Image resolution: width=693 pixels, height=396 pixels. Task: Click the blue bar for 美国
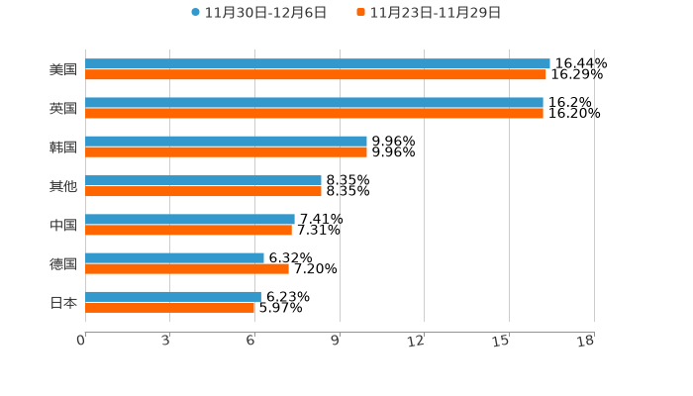pos(317,63)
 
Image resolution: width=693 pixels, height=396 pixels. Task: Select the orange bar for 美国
pos(315,74)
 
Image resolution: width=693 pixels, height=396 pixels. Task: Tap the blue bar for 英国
pos(314,102)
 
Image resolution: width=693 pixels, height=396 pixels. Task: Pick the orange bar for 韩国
pos(226,152)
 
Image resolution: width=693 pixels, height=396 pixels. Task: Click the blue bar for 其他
pos(203,180)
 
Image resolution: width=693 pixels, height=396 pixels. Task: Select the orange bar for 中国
pos(188,231)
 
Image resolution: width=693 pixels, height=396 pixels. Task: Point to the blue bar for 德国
pos(174,257)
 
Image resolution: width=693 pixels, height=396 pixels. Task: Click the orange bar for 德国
pos(187,268)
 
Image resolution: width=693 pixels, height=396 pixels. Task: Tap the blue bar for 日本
pos(173,296)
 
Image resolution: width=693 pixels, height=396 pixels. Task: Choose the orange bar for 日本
pos(170,308)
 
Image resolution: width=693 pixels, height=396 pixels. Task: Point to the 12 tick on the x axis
pos(416,342)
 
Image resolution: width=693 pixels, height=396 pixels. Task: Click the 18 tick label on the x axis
pos(585,342)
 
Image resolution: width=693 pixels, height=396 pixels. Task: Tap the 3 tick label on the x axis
pos(165,342)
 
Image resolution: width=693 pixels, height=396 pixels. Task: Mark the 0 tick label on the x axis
pos(81,342)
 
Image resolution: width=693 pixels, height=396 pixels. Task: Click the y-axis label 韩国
pos(63,147)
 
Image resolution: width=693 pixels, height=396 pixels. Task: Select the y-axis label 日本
pos(63,302)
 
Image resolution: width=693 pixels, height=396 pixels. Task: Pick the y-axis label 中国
pos(63,225)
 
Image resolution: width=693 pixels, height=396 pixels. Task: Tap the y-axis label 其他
pos(63,186)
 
